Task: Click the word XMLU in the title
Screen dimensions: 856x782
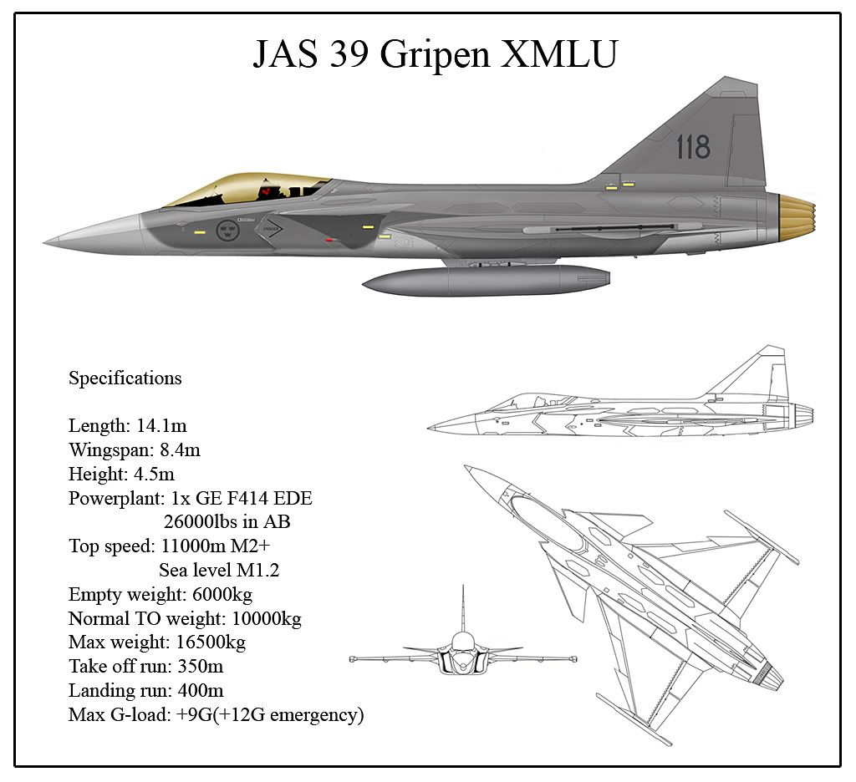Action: tap(559, 53)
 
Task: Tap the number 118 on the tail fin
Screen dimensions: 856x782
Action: tap(693, 147)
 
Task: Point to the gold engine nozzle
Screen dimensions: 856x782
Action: tap(797, 219)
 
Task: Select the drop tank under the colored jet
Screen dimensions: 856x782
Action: tap(486, 281)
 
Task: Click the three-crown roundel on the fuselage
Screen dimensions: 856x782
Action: tap(227, 230)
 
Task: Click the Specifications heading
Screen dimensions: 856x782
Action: tap(125, 378)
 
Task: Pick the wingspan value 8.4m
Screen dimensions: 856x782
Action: tap(181, 450)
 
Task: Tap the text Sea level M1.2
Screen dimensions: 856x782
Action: tap(219, 571)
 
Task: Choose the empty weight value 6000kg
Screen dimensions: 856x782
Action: tap(222, 594)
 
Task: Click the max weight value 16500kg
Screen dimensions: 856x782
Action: tap(211, 642)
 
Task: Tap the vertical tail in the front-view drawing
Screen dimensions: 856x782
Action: tap(463, 608)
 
